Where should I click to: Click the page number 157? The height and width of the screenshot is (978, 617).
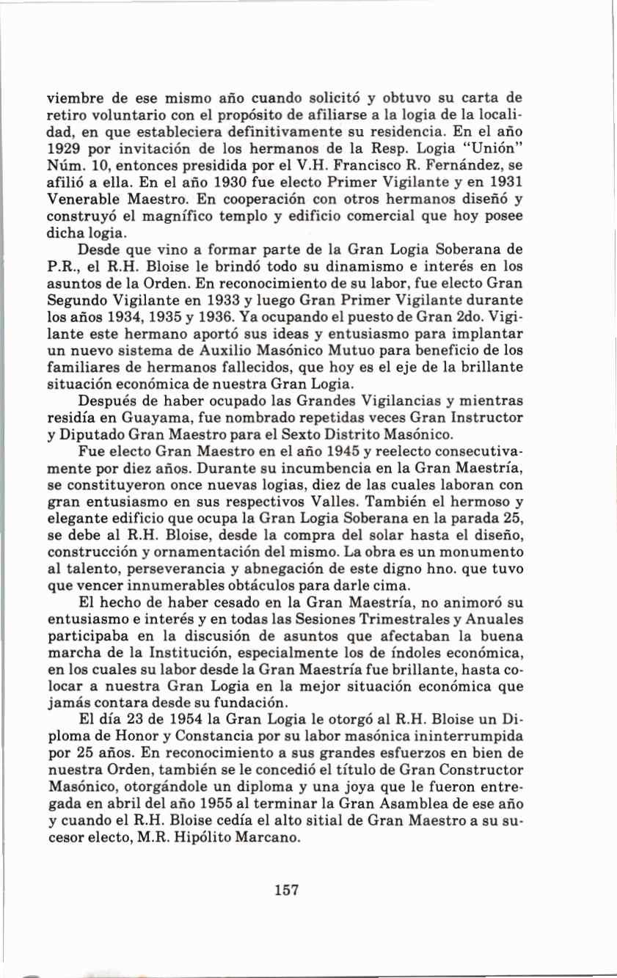287,891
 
